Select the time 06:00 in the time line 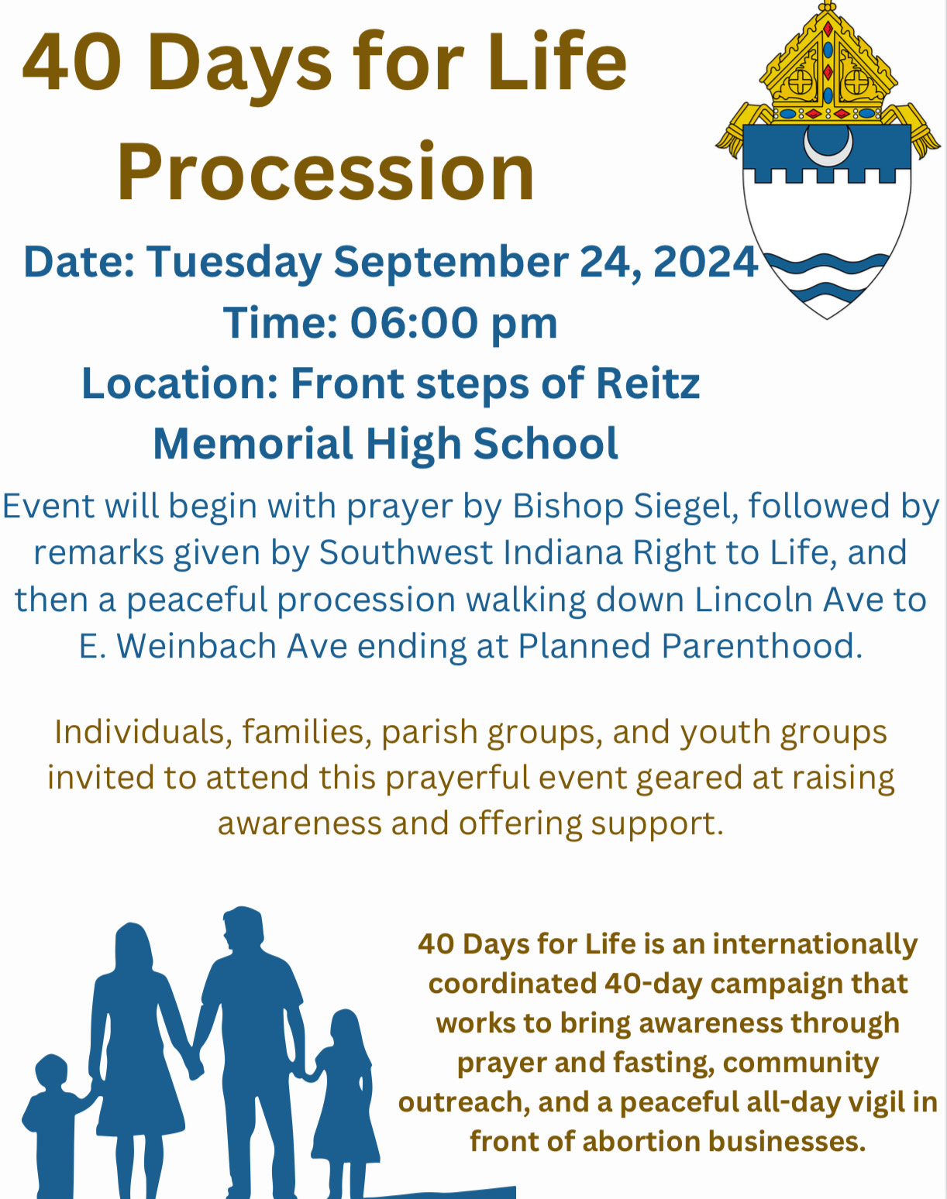pos(414,322)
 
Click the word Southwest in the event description pos(406,553)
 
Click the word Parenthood pos(756,646)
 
